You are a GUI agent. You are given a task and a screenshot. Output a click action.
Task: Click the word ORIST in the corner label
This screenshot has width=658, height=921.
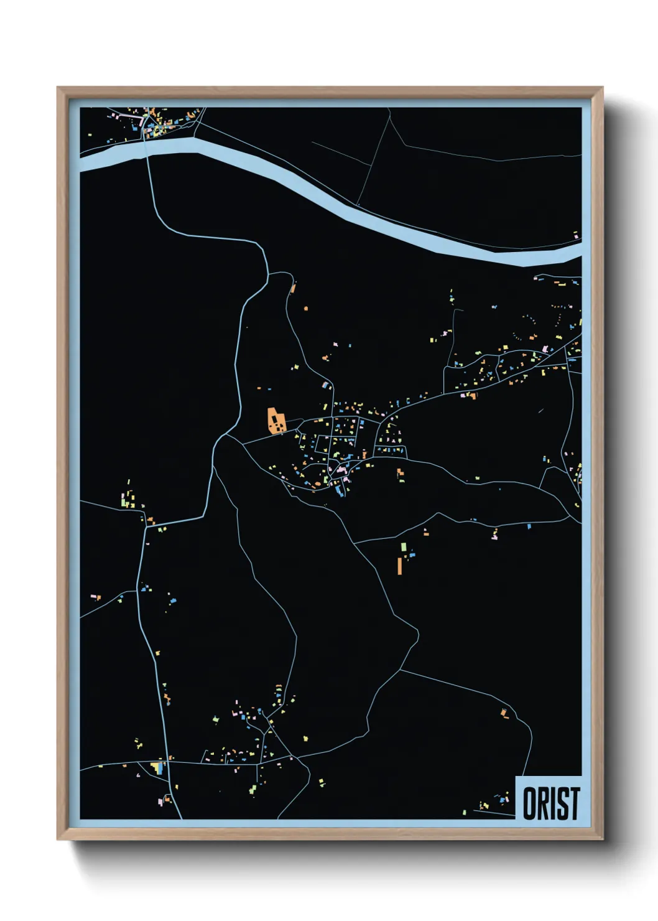coord(551,803)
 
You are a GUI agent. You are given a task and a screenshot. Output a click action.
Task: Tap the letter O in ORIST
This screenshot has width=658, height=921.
coord(530,803)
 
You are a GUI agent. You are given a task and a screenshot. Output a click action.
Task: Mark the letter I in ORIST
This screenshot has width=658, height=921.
coord(554,803)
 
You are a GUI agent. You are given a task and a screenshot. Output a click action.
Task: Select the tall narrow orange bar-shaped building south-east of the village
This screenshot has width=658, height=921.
coord(399,566)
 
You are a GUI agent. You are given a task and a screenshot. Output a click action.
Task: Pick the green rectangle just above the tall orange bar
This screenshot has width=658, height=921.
coord(403,546)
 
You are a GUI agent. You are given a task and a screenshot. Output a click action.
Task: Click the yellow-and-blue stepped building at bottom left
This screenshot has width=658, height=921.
coord(158,767)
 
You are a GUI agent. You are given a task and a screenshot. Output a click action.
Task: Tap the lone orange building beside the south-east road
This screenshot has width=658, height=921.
coord(505,713)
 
